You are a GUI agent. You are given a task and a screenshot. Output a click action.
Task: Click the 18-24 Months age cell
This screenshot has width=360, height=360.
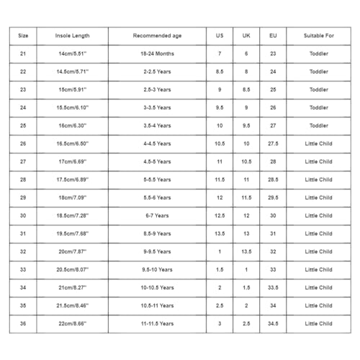(x=157, y=54)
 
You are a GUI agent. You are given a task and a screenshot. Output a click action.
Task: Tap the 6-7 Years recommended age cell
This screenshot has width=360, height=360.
(x=157, y=215)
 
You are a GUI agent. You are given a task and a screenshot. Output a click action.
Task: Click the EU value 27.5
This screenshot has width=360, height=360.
(x=273, y=144)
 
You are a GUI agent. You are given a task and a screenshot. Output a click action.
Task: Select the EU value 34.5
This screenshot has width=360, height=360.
(x=273, y=323)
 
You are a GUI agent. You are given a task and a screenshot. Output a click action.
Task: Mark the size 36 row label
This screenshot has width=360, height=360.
(x=23, y=323)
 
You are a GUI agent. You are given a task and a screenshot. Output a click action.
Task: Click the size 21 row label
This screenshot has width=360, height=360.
(x=23, y=54)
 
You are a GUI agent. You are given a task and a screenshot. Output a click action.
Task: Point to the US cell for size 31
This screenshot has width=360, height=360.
(x=220, y=233)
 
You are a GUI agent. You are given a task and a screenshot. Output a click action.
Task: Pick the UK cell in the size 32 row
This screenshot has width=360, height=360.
(x=246, y=251)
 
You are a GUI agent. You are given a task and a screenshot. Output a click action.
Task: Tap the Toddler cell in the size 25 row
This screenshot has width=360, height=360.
(x=318, y=126)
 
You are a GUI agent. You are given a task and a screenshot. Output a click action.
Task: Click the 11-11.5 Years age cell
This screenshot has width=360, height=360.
(x=157, y=323)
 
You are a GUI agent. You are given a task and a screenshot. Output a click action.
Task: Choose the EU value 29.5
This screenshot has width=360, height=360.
(x=273, y=197)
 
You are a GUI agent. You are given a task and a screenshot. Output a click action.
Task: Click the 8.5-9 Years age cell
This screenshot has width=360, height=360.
(x=157, y=233)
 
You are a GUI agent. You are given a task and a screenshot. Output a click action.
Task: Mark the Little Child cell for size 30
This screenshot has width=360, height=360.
(x=318, y=215)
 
